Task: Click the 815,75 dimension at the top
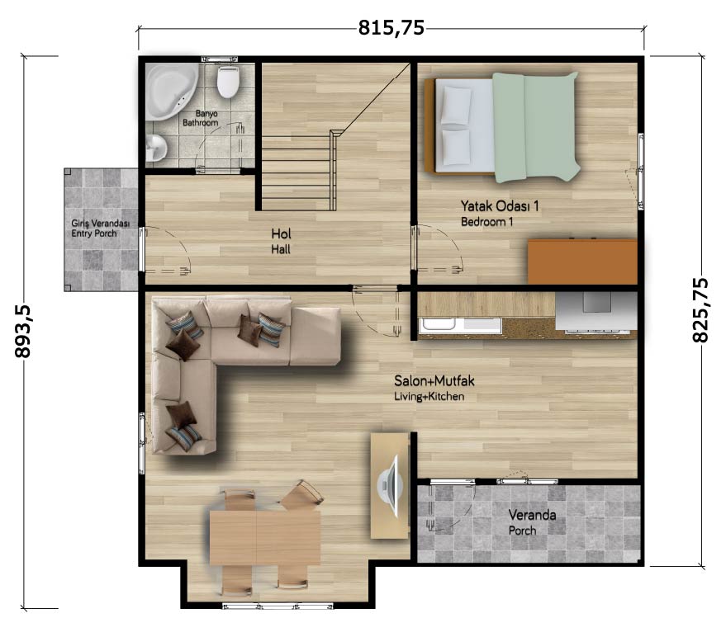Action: pos(391,28)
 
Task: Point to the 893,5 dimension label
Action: pos(22,332)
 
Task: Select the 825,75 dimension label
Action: pos(700,310)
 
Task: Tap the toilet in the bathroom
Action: pos(228,82)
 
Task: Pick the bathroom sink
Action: pos(155,148)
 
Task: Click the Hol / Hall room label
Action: pos(281,241)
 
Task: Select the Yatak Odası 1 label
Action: pos(500,205)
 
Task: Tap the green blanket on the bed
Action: pos(536,127)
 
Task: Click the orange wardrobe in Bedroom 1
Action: pos(582,262)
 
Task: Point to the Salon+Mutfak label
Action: pos(434,381)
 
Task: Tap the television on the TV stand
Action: pos(389,485)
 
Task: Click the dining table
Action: pos(265,537)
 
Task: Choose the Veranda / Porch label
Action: pos(532,522)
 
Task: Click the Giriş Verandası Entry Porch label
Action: pos(101,228)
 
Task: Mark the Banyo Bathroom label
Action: pos(200,118)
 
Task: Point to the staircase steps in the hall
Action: pos(297,173)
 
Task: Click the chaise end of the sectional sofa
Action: pos(315,337)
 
